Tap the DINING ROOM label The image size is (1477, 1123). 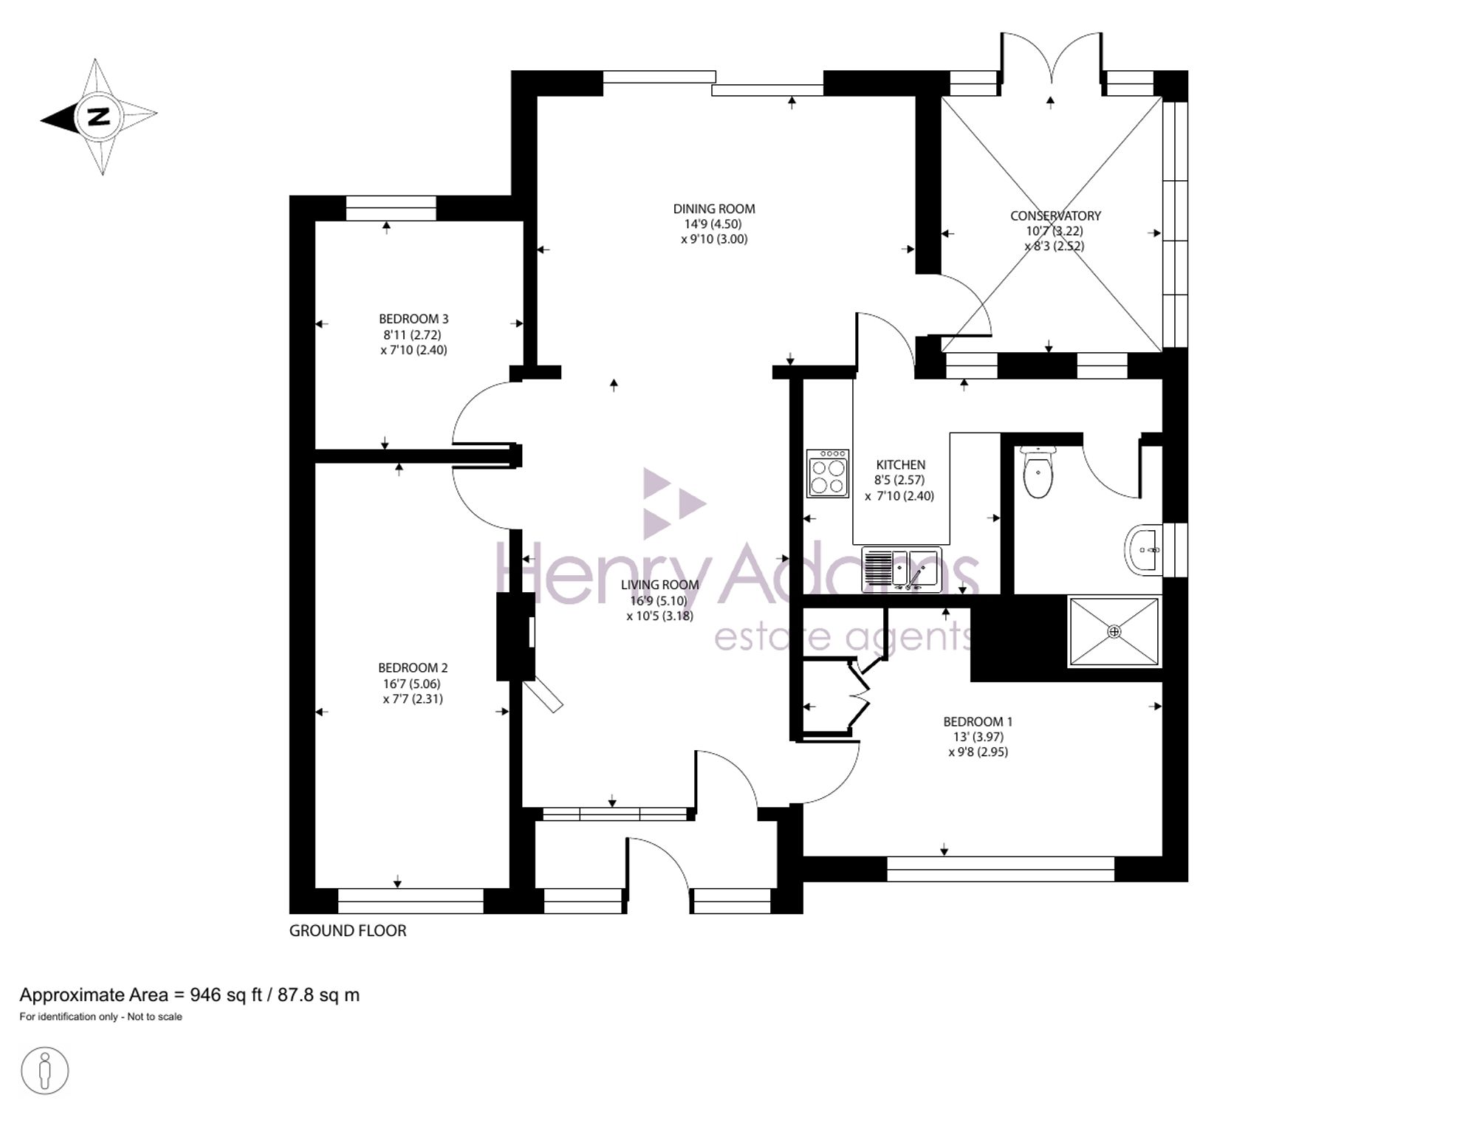pos(714,209)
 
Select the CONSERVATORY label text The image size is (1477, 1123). pos(1055,216)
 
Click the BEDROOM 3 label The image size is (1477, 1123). pos(414,319)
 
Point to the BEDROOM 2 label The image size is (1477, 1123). pos(413,667)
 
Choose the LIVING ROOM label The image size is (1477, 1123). pos(659,585)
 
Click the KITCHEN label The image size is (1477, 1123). pos(900,464)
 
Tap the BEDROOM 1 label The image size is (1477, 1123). pos(978,721)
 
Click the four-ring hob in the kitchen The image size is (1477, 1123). pos(828,473)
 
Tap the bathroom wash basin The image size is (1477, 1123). pos(1143,549)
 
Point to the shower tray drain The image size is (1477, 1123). pos(1114,632)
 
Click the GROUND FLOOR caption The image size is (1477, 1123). pos(348,931)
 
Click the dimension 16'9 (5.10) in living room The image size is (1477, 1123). pos(659,601)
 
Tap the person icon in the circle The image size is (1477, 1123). pos(45,1071)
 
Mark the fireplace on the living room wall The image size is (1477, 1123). pos(516,636)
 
